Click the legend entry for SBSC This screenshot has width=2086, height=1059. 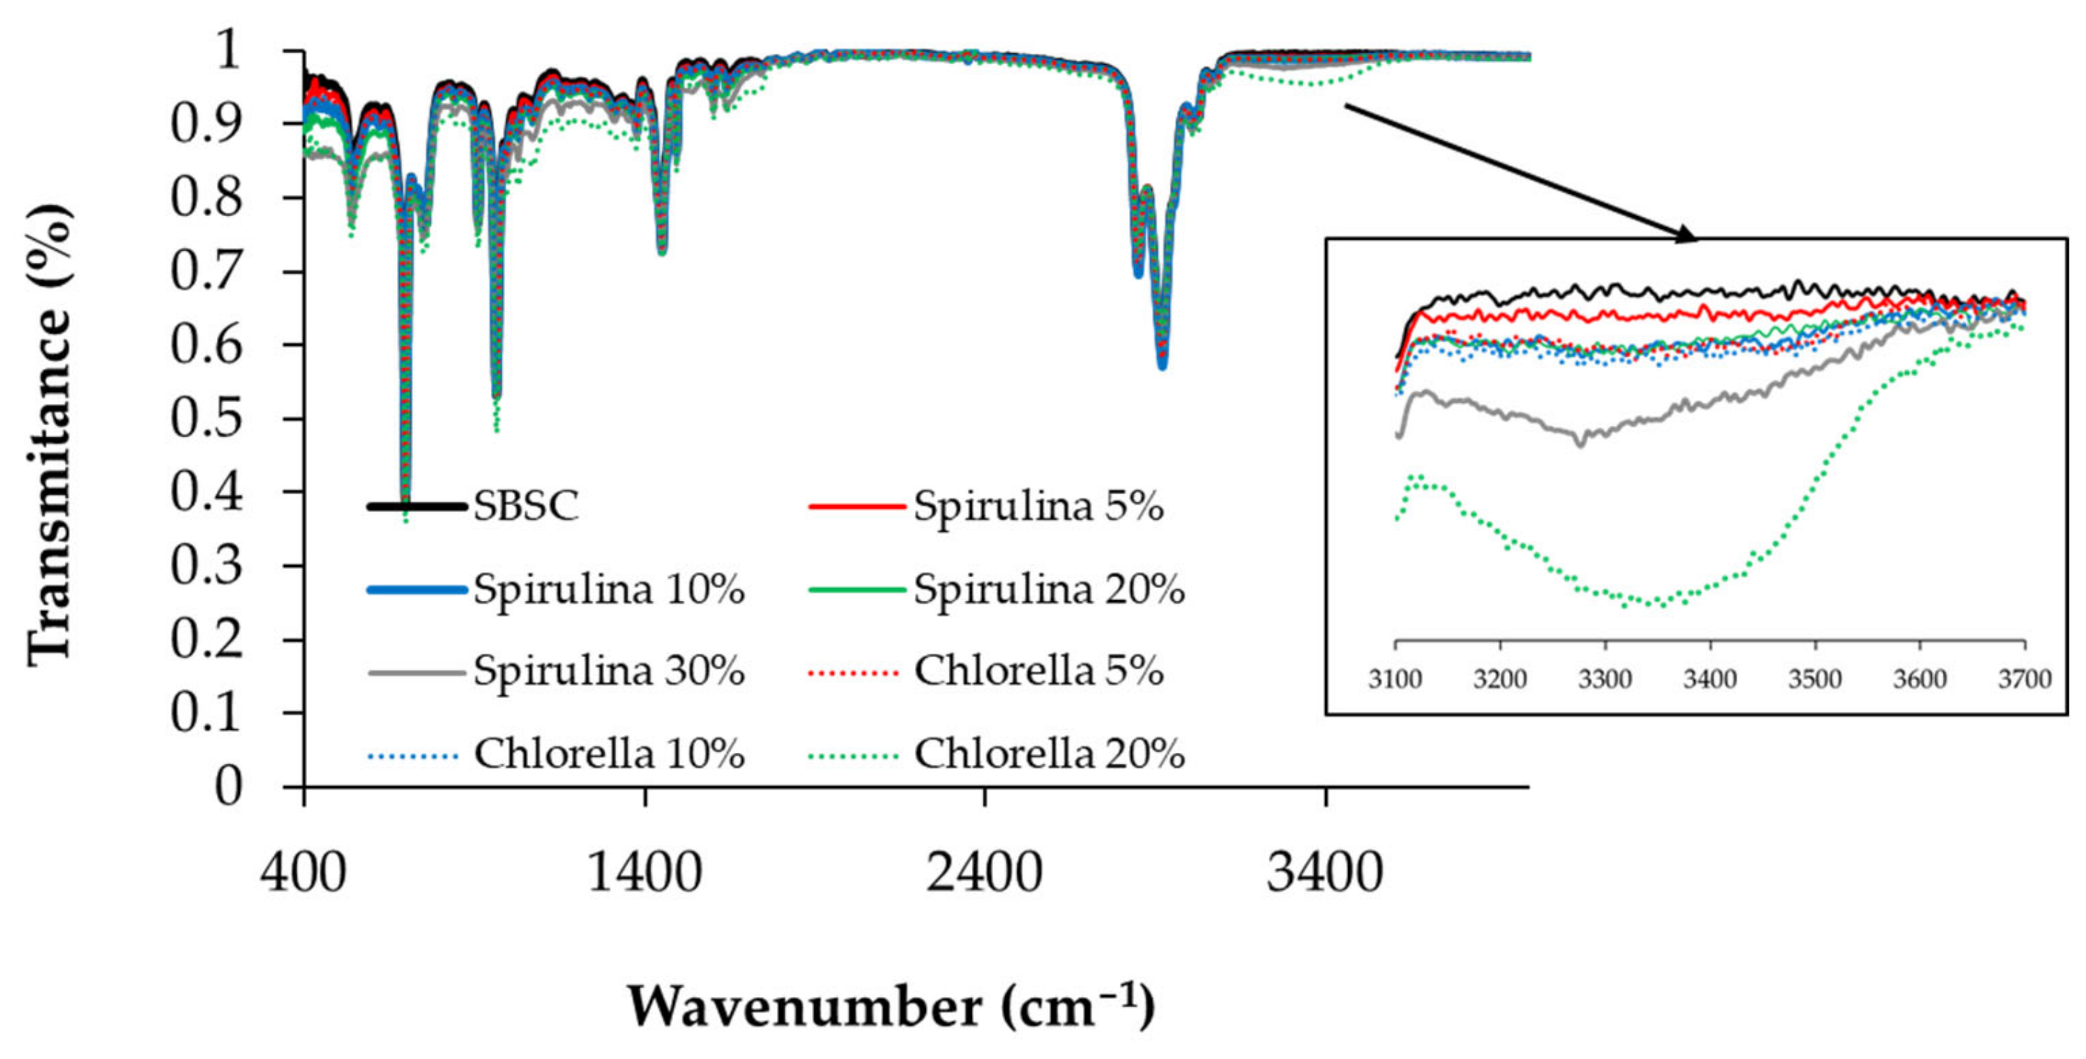tap(525, 507)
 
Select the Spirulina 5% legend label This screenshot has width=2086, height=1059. tap(1038, 507)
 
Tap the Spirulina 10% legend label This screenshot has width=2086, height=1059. tap(608, 589)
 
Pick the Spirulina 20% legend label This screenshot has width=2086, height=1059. tap(1048, 589)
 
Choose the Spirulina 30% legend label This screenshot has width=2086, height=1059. tap(608, 671)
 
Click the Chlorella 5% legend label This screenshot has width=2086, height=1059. tap(1038, 671)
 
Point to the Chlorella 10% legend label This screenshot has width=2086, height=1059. tap(608, 754)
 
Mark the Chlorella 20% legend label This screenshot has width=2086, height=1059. tap(1048, 754)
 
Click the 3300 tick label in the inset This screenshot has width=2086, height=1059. tap(1605, 679)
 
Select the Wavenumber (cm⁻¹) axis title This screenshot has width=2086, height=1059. tap(891, 1006)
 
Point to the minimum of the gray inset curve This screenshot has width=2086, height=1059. tap(1581, 444)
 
